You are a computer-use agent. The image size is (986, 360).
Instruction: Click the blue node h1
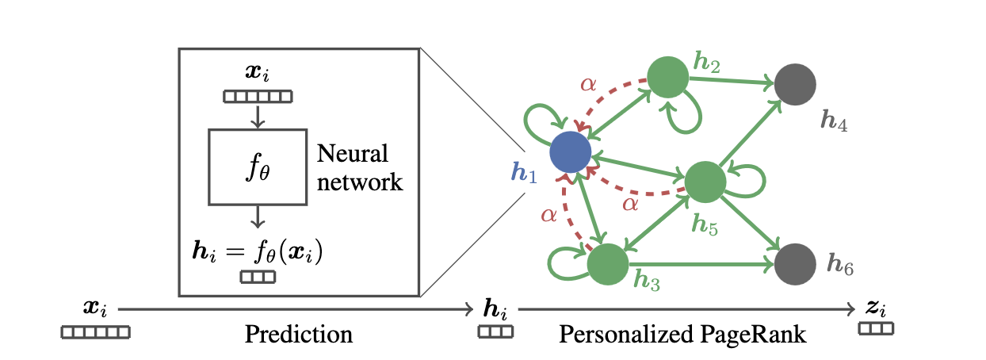click(x=571, y=151)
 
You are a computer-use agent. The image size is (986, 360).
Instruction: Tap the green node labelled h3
click(x=608, y=262)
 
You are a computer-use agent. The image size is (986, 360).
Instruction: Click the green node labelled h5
click(x=705, y=182)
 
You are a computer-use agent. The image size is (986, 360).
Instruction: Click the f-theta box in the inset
click(x=257, y=167)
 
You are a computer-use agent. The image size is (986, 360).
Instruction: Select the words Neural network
click(x=359, y=167)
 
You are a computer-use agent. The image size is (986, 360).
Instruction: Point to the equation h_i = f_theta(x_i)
click(x=258, y=255)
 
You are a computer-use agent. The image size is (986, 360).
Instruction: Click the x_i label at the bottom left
click(x=96, y=308)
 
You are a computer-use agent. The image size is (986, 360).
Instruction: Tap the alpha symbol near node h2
click(x=588, y=85)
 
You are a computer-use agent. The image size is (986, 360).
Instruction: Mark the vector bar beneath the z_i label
click(x=876, y=328)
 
